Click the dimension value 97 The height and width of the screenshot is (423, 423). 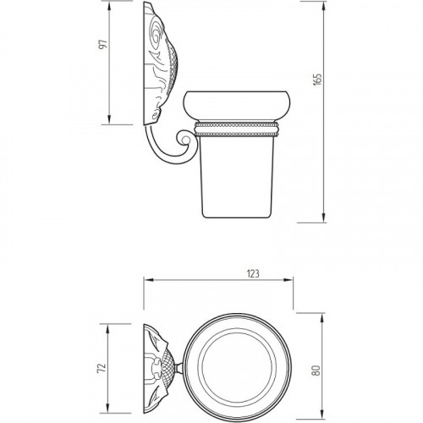point(103,45)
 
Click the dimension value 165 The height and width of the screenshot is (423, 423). point(317,80)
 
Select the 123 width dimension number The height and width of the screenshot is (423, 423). point(253,273)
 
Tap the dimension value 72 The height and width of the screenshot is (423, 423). point(102,367)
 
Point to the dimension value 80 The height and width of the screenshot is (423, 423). point(316,371)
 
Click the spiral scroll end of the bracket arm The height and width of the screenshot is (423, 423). point(184,140)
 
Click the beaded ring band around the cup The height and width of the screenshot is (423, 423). point(237,129)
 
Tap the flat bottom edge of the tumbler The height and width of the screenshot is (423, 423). point(237,217)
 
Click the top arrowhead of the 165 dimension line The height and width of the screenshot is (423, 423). point(324,6)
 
